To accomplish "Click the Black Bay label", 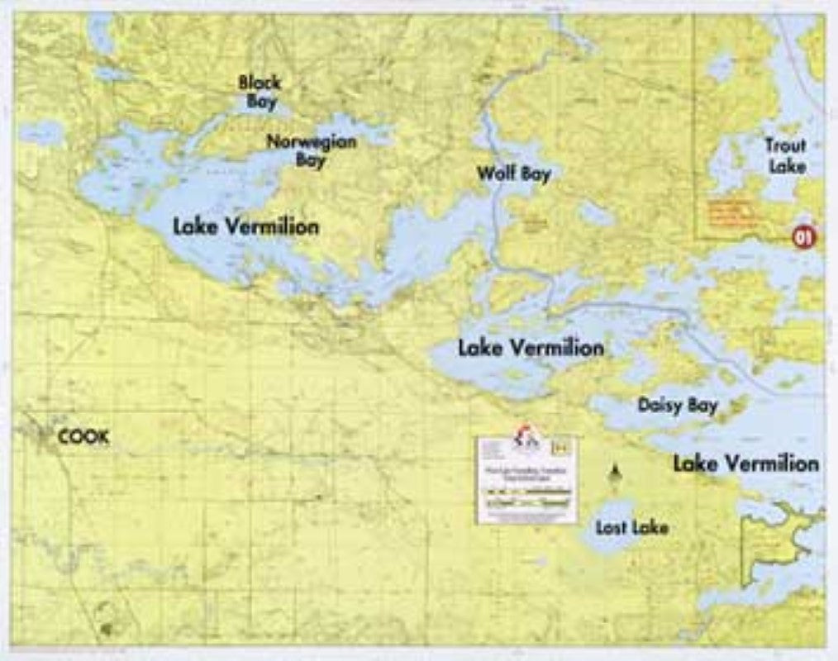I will coord(259,92).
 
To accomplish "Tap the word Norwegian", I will coord(311,141).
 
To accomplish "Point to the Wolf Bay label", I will coord(513,174).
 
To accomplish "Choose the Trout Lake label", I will coord(784,155).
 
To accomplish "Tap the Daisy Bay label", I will coord(677,405).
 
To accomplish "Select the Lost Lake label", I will coord(631,527).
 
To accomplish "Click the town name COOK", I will coord(83,437).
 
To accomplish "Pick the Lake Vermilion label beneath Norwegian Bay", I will coord(245,226).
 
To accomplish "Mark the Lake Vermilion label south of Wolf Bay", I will coord(531,348).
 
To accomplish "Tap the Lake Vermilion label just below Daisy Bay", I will coord(745,464).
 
